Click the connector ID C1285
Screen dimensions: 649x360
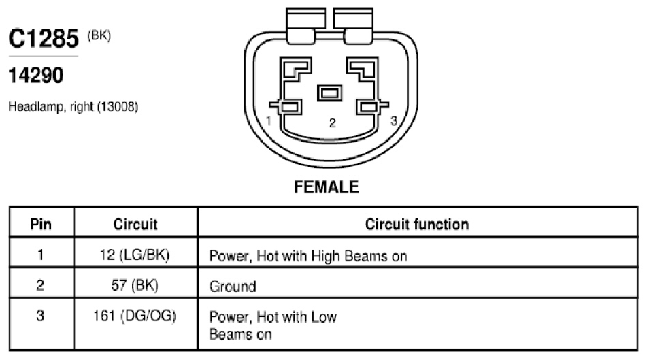point(44,39)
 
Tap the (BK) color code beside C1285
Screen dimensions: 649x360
point(99,35)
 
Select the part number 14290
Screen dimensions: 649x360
point(35,76)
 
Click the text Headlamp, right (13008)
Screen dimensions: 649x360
point(73,107)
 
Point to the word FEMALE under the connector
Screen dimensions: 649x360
point(326,187)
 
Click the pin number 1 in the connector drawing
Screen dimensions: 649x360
point(269,120)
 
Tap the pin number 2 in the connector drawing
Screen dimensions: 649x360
point(333,122)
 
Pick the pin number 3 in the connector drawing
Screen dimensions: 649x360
point(394,120)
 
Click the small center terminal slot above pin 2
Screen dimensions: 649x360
point(330,93)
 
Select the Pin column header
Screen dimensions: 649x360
point(41,224)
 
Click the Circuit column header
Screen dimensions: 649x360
point(135,224)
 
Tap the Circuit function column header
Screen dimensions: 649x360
point(417,224)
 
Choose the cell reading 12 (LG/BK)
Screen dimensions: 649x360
point(135,255)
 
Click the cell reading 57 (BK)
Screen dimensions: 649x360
point(135,285)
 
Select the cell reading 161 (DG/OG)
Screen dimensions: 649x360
point(135,316)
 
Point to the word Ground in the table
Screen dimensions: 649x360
point(233,287)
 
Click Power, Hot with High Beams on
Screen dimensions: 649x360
point(308,256)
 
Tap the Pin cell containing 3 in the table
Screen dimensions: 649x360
point(40,316)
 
